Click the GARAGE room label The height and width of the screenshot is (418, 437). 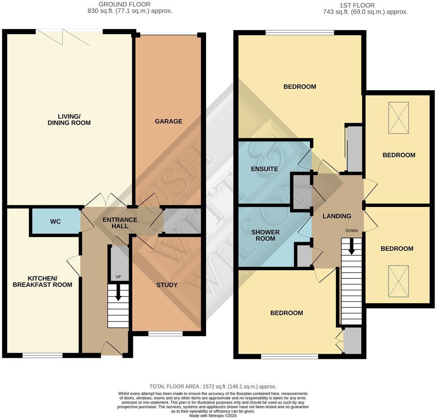tap(168, 121)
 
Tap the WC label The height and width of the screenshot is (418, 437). tap(55, 221)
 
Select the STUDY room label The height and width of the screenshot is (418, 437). tap(167, 285)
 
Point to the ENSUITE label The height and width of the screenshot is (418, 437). tap(264, 169)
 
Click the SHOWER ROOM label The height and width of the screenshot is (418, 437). tap(265, 235)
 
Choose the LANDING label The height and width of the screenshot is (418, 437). tap(337, 216)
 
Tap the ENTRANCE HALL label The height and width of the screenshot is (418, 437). tap(120, 223)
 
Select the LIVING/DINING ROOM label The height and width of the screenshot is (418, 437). tap(69, 120)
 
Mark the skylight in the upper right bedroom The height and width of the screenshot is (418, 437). tap(398, 118)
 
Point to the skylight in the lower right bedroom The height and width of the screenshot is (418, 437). tap(398, 282)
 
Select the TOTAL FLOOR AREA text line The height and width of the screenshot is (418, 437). tap(213, 386)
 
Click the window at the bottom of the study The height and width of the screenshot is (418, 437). tap(165, 333)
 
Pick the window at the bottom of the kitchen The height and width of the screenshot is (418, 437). tap(42, 355)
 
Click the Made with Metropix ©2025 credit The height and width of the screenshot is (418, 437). tap(213, 415)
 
